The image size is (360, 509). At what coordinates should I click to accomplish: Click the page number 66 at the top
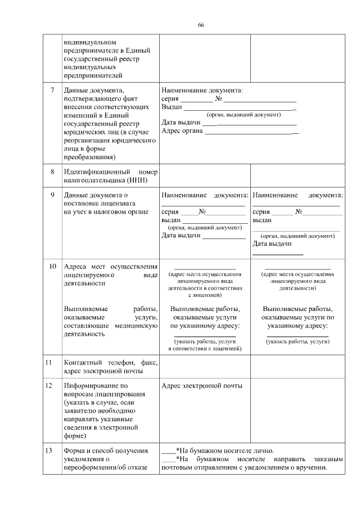click(201, 24)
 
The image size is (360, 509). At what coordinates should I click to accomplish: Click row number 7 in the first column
click(53, 90)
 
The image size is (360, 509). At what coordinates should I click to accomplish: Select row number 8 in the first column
click(53, 171)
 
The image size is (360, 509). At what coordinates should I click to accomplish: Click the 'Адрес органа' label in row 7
click(182, 131)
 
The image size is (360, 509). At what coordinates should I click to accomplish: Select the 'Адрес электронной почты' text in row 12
click(201, 386)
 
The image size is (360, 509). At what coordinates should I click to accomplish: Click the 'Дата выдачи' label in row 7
click(181, 123)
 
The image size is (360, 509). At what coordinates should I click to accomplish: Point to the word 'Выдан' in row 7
click(172, 107)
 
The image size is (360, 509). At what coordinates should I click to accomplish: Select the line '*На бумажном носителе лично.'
click(225, 451)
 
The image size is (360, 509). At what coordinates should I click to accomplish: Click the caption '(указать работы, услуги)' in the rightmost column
click(298, 341)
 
